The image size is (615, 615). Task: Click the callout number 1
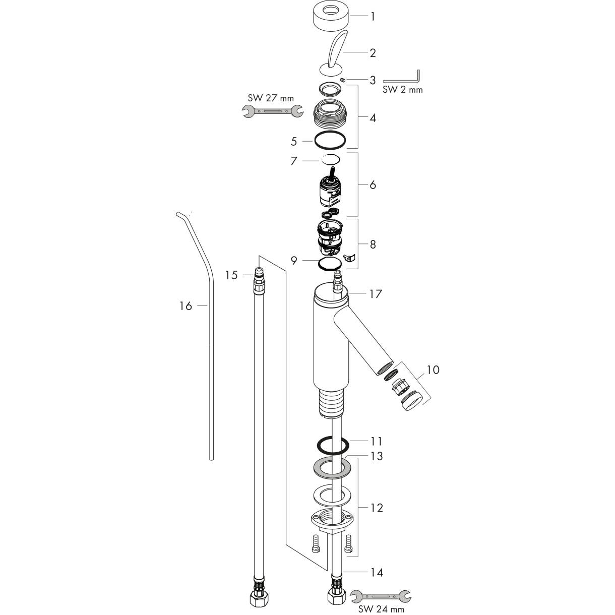click(x=373, y=16)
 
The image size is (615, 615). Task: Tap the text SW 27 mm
click(x=271, y=98)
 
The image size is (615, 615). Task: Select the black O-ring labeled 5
click(x=330, y=140)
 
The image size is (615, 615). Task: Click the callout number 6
click(x=373, y=185)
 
